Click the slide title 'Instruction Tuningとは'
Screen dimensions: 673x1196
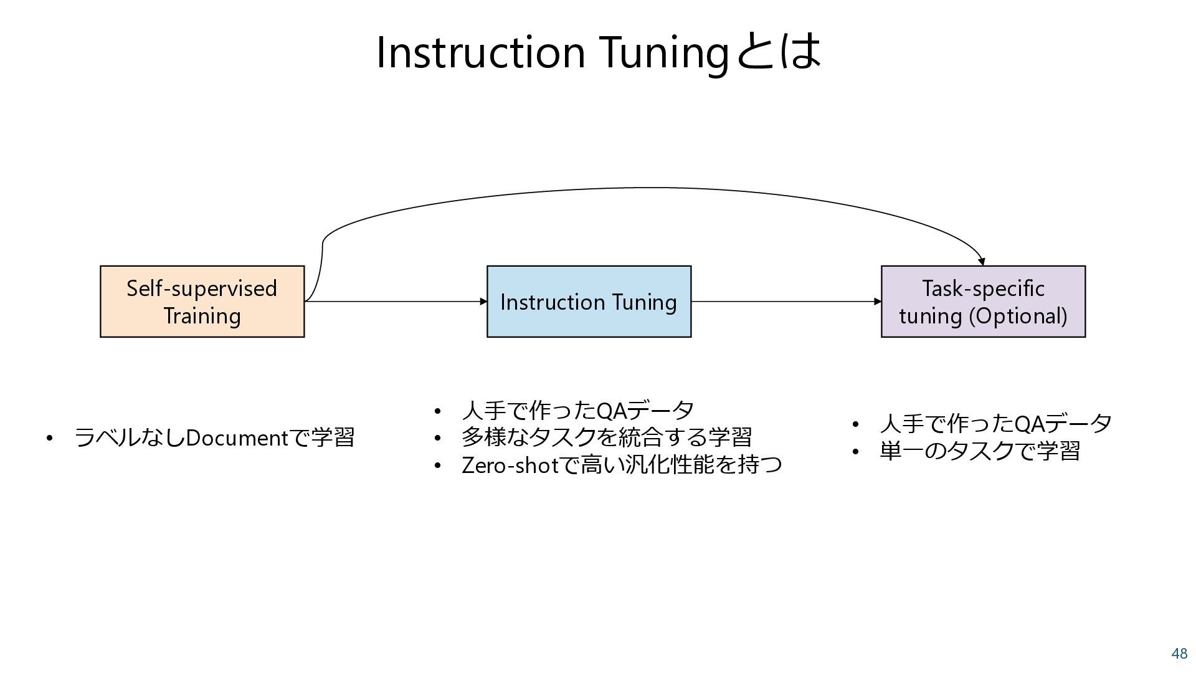598,52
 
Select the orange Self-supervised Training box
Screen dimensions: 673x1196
202,302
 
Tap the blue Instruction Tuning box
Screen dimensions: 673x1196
589,302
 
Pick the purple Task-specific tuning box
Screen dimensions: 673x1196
983,302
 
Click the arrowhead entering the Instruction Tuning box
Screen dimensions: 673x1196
483,302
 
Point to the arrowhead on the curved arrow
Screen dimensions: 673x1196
982,262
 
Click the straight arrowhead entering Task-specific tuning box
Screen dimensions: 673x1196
878,302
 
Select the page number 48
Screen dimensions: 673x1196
1179,654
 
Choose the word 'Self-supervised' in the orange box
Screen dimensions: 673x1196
202,289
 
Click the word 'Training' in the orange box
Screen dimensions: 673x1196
202,316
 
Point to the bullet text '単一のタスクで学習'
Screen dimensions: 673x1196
979,451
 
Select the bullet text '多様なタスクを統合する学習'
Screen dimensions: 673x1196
606,437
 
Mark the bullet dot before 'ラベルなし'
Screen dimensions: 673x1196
49,438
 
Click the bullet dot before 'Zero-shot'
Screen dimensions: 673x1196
437,465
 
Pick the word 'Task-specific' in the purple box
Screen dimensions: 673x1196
983,289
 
